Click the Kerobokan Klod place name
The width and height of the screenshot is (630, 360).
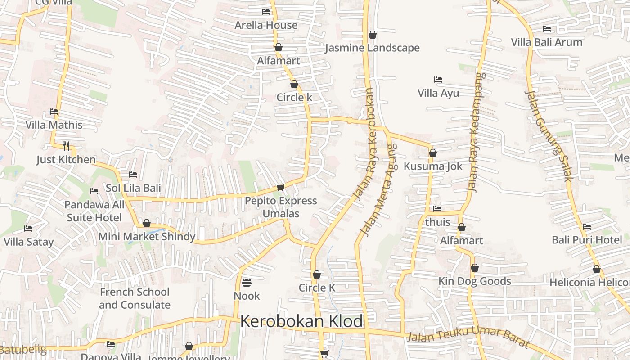pos(301,321)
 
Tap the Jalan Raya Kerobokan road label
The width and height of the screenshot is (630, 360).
pos(366,144)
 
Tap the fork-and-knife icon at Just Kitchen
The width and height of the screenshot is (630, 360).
pos(66,146)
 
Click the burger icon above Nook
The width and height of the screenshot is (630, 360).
pos(247,283)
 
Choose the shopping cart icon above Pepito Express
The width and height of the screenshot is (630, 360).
pos(281,187)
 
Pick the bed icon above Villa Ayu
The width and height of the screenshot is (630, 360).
pos(438,80)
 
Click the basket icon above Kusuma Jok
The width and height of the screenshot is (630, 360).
pos(433,153)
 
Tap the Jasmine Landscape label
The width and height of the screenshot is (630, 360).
pos(372,48)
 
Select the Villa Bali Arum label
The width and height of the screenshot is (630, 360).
pos(547,42)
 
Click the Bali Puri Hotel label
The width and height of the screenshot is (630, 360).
pos(587,240)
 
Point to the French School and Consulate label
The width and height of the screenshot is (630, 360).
pos(135,298)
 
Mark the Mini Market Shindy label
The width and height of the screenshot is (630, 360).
pos(147,237)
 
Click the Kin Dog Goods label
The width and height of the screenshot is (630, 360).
pos(475,281)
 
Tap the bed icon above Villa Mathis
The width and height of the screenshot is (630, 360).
pos(54,111)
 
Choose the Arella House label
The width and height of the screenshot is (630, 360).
pos(266,25)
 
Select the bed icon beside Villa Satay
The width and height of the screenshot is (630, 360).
pos(28,228)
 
